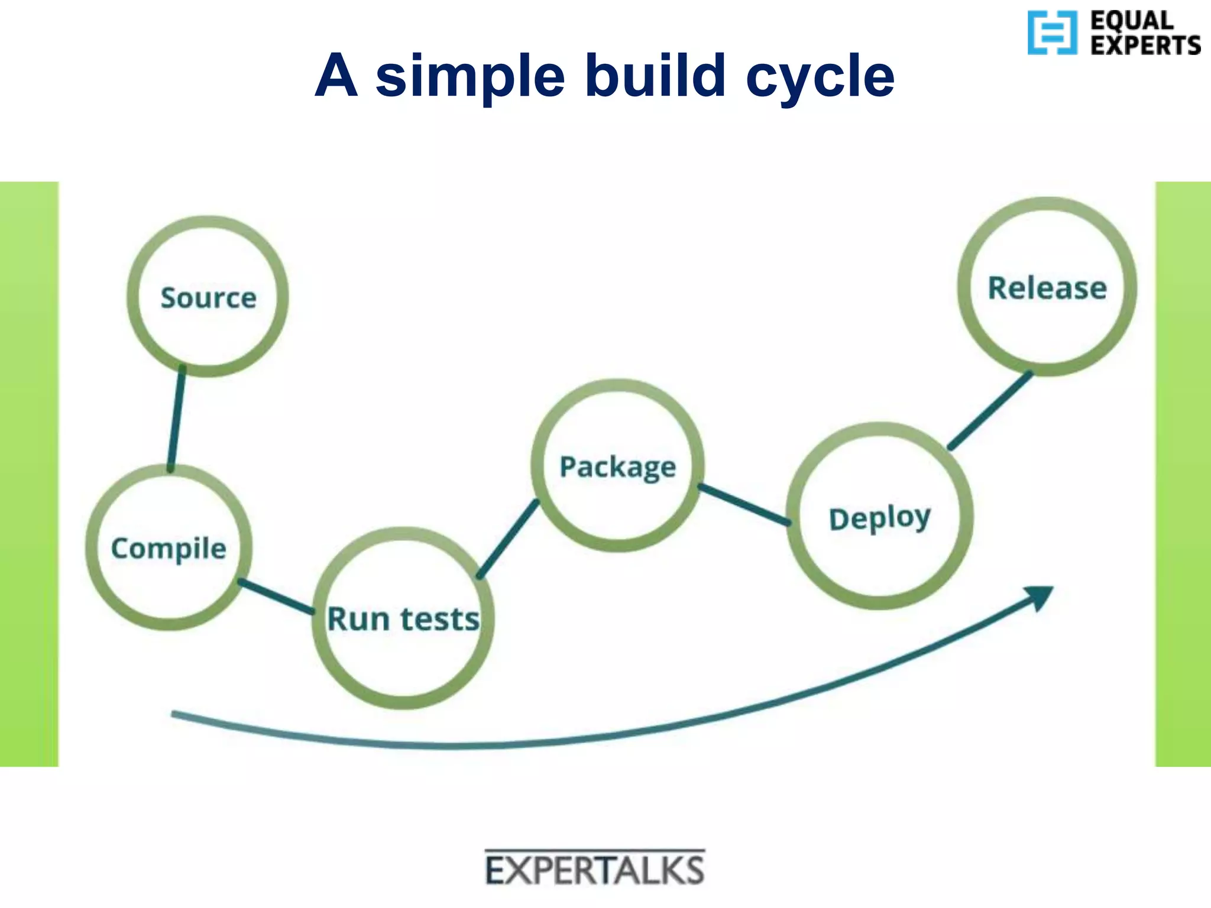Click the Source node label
208,297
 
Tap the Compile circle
169,547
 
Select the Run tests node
403,619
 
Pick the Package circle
618,466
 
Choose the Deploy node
880,517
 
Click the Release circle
1047,288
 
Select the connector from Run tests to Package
508,539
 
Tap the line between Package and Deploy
744,504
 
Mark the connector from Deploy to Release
991,410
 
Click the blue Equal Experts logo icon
1052,33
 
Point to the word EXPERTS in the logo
1145,46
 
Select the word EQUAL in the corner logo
1132,21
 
